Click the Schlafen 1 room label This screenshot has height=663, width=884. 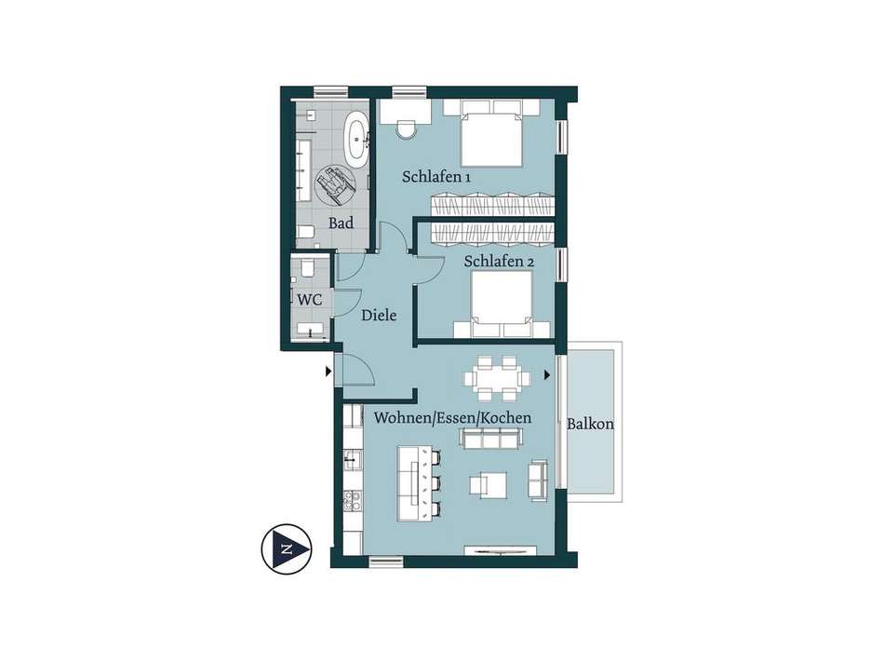[435, 177]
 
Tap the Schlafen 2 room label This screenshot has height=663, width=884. [499, 262]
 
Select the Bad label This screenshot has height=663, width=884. [342, 223]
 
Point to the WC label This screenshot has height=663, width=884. [310, 300]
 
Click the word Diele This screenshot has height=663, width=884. [379, 316]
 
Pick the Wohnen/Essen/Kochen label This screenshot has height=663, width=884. [453, 418]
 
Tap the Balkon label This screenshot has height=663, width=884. [590, 424]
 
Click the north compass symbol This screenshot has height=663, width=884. [287, 549]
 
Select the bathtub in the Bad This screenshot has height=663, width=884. [357, 140]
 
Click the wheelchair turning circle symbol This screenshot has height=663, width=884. [334, 184]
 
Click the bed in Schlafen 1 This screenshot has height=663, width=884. [490, 133]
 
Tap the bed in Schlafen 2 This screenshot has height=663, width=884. [502, 304]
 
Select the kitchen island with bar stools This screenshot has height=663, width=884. [420, 483]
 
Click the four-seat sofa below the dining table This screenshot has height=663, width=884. [491, 439]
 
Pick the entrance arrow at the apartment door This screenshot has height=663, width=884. [328, 372]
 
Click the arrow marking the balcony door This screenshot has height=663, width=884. [547, 374]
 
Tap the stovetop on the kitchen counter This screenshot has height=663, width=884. [353, 500]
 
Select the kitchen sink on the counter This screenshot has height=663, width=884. [353, 460]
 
